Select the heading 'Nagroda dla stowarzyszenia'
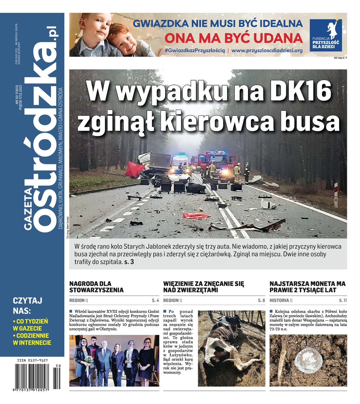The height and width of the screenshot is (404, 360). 96,287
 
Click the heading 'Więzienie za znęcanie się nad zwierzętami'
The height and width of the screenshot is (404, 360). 204,287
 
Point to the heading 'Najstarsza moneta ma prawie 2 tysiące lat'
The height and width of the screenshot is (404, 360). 307,287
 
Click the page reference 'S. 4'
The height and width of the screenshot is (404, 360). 155,300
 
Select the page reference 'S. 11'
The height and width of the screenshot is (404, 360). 343,300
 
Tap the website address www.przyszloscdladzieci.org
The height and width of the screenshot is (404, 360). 267,50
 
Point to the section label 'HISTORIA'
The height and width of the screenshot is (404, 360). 279,300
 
